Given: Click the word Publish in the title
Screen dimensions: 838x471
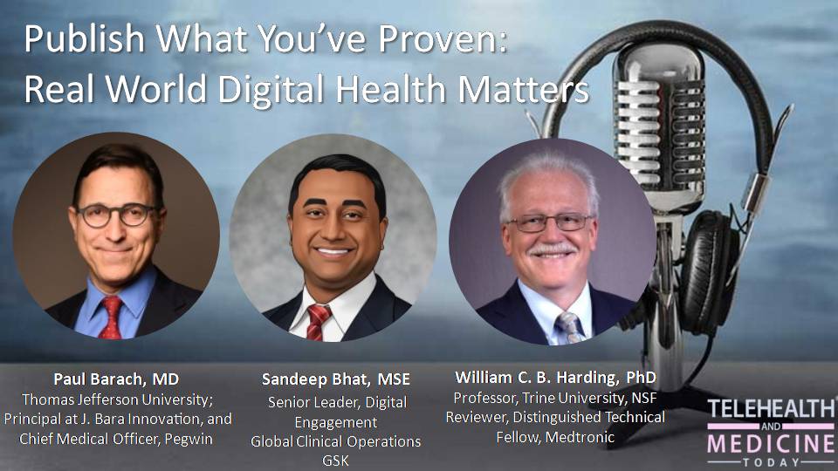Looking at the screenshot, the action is pyautogui.click(x=85, y=39).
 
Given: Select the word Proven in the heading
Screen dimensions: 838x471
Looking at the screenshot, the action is pyautogui.click(x=443, y=39).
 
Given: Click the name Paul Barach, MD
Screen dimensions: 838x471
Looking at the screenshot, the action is pyautogui.click(x=116, y=379).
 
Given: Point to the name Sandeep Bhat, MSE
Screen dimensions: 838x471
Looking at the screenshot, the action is pyautogui.click(x=335, y=379).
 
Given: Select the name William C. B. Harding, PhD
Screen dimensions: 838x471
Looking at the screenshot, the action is pyautogui.click(x=555, y=378).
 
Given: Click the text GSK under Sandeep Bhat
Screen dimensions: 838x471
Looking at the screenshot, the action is pyautogui.click(x=335, y=461).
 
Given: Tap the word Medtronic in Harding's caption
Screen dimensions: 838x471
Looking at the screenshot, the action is pyautogui.click(x=580, y=437).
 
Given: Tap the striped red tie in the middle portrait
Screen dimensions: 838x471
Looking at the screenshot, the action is pyautogui.click(x=318, y=322).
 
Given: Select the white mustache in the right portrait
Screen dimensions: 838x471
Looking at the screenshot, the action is pyautogui.click(x=552, y=249).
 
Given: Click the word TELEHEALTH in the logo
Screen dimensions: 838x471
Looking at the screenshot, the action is pyautogui.click(x=772, y=409).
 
